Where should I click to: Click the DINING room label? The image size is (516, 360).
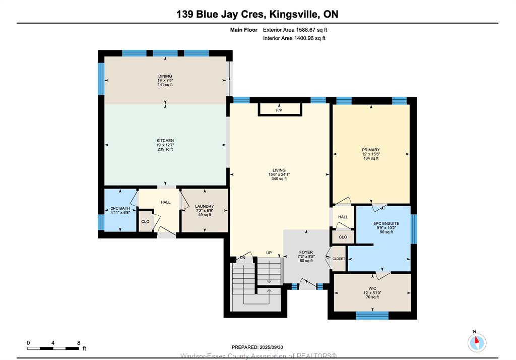(x=165, y=76)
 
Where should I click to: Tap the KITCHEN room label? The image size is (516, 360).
(x=165, y=141)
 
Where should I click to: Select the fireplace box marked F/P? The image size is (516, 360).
(x=280, y=109)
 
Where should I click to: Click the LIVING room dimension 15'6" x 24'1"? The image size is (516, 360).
(x=279, y=174)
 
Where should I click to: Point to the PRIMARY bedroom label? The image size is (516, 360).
(x=371, y=150)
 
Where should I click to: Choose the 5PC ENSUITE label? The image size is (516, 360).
(x=386, y=223)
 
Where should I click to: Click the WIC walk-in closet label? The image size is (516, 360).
(x=372, y=288)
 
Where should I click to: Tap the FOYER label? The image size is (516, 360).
(x=306, y=252)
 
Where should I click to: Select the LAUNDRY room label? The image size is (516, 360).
(x=205, y=207)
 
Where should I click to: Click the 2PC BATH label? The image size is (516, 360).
(x=120, y=209)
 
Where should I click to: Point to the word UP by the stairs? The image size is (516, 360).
(x=269, y=253)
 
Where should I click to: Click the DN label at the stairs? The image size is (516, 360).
(x=242, y=258)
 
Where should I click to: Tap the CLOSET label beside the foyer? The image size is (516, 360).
(x=339, y=259)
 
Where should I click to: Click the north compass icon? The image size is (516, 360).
(x=477, y=342)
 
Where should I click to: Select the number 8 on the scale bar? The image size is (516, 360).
(x=79, y=342)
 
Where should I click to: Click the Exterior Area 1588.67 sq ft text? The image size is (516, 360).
(x=295, y=30)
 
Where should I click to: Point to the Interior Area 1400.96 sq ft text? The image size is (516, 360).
(x=294, y=38)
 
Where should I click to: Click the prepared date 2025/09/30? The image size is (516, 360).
(x=271, y=347)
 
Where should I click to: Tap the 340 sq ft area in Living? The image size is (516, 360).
(x=279, y=179)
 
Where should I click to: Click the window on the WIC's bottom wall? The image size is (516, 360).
(x=372, y=316)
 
